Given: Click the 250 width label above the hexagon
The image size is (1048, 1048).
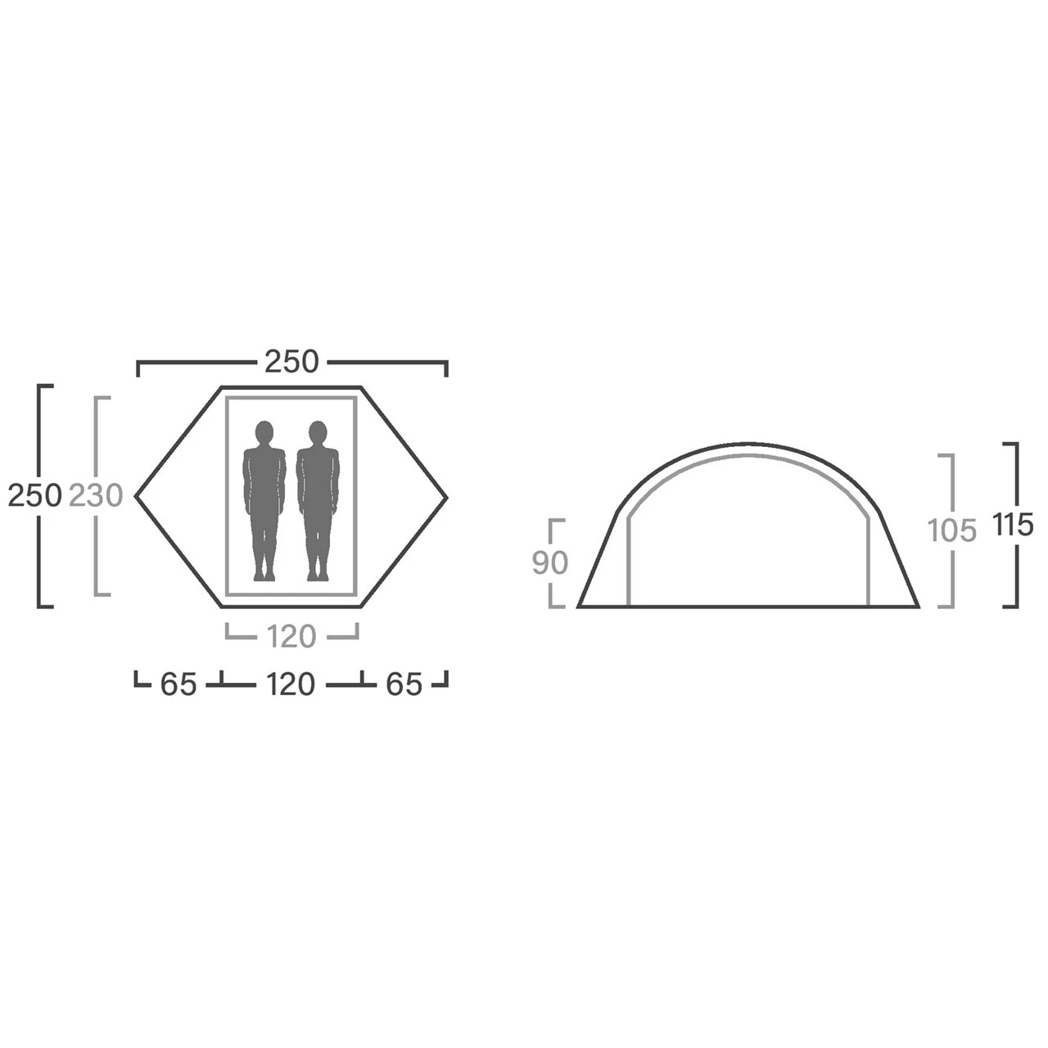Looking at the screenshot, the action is click(291, 362).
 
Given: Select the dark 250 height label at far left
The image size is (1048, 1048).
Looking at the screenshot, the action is click(34, 496).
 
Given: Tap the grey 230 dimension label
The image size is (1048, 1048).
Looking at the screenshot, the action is click(96, 496).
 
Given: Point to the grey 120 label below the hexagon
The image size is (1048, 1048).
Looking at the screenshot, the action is click(291, 636).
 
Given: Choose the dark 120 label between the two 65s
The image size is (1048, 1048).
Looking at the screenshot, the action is click(291, 684).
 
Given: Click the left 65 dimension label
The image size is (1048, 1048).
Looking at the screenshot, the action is click(178, 684).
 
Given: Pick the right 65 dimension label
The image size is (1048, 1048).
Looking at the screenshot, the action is click(404, 684).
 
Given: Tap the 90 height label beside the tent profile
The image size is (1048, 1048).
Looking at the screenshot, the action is click(550, 562).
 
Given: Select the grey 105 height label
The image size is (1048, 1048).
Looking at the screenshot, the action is click(951, 531).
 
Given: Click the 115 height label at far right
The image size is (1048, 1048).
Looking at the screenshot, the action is click(1013, 525).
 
